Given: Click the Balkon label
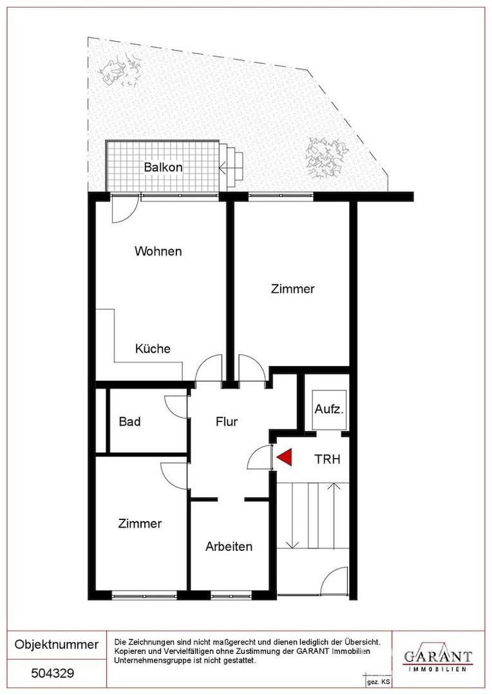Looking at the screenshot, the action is tap(163, 167).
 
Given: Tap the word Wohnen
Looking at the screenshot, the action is tap(158, 252).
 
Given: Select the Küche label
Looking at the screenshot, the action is tap(153, 348).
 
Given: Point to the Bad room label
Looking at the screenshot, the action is tap(129, 421).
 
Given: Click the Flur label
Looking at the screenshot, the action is tap(226, 421).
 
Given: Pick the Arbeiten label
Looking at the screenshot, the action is tap(229, 546).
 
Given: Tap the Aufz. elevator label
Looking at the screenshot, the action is tap(328, 409).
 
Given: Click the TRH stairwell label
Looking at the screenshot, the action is tap(327, 459).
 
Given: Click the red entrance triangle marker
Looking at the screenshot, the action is tap(285, 458).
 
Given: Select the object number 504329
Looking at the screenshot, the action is tap(53, 674).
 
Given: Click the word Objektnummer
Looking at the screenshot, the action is tap(57, 644).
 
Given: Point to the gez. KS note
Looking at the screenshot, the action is tap(375, 683).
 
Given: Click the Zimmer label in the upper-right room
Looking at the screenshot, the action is tap(292, 289).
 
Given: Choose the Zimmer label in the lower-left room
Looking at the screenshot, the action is tap(140, 523).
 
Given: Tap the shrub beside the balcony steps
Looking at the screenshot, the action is tap(324, 158).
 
